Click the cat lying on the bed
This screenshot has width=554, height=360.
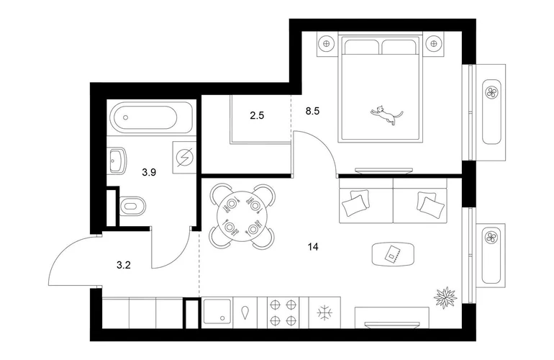click(387, 115)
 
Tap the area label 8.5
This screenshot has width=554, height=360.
click(312, 111)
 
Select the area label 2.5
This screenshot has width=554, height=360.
click(257, 115)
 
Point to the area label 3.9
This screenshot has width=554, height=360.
click(149, 172)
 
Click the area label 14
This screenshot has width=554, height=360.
click(313, 247)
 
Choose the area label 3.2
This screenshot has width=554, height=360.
click(124, 264)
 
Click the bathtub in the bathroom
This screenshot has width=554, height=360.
click(145, 118)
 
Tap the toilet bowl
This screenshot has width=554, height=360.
click(132, 206)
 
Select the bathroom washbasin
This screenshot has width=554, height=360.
click(117, 161)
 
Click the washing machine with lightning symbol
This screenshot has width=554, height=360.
click(184, 157)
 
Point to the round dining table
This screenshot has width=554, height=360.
click(242, 216)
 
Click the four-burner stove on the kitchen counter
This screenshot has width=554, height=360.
click(283, 312)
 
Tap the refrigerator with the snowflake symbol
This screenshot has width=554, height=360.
click(324, 312)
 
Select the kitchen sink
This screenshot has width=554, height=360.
click(217, 312)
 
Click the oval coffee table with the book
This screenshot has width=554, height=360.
click(393, 253)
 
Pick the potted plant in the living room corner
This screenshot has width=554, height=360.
click(445, 297)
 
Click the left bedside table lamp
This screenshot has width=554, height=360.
click(326, 44)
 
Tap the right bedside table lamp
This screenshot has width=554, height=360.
click(434, 44)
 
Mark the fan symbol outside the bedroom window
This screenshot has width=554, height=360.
click(491, 93)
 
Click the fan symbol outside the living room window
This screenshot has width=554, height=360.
click(491, 238)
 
